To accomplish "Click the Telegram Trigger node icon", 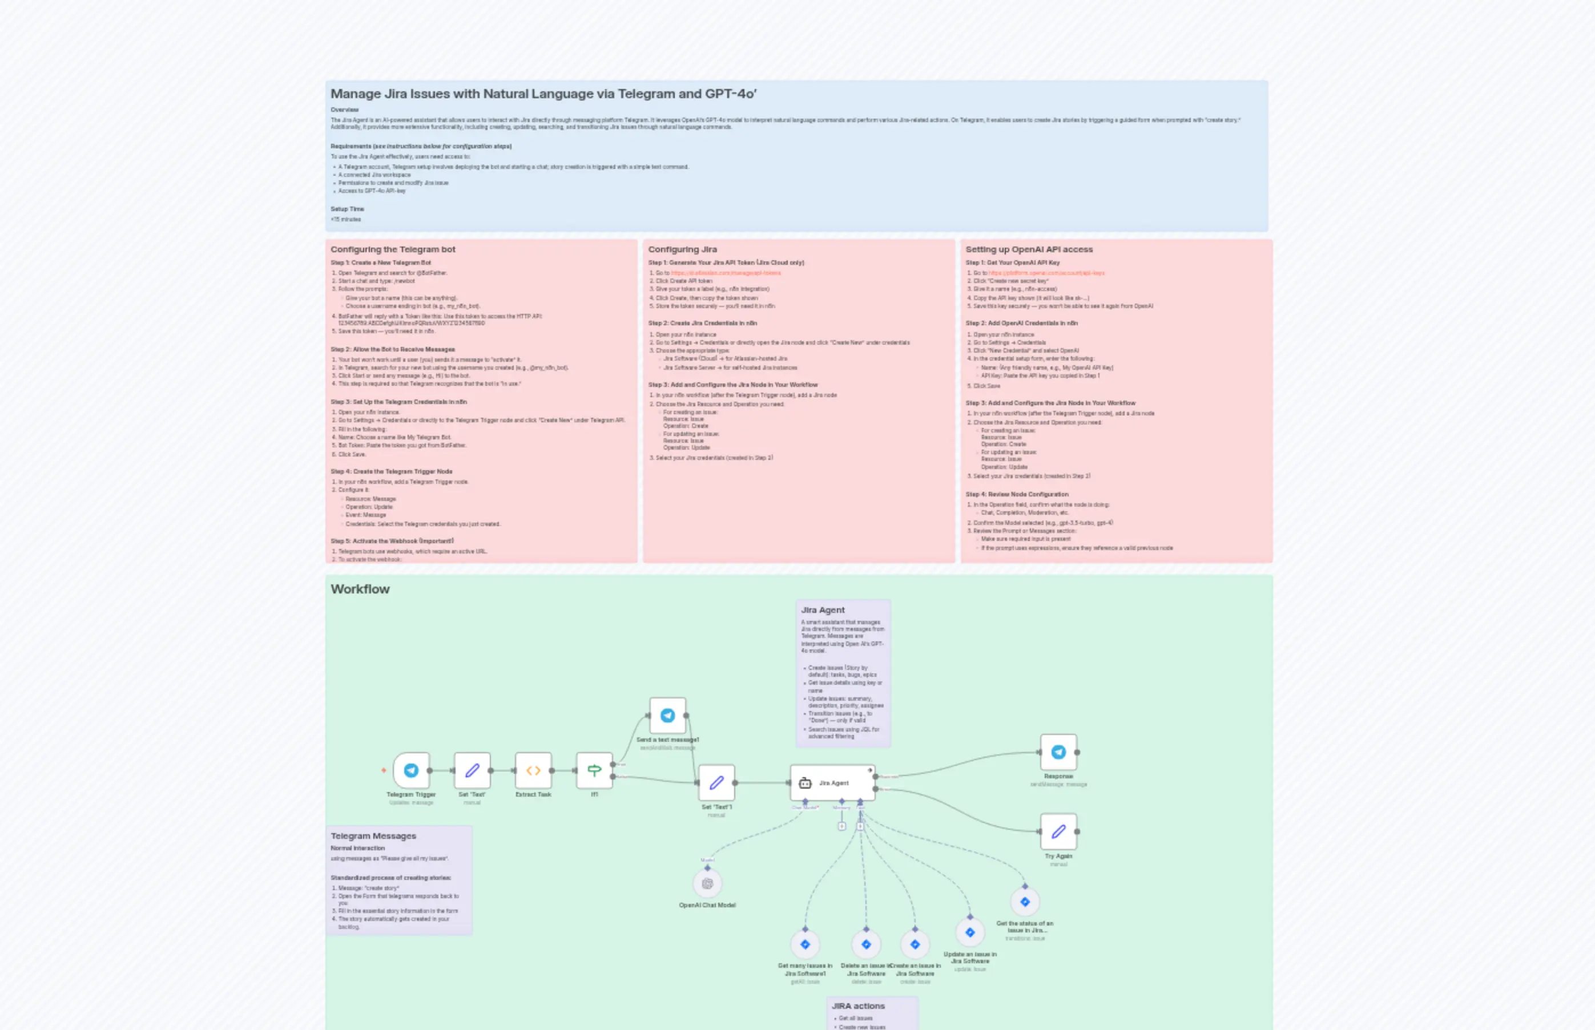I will click(x=411, y=770).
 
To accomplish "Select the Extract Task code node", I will click(x=533, y=770).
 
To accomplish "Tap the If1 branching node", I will click(x=594, y=770).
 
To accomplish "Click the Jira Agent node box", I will click(x=832, y=782).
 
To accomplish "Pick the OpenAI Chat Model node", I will click(x=707, y=883).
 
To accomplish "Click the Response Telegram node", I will click(x=1058, y=753).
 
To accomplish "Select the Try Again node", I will click(x=1058, y=832).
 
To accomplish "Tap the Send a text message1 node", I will click(x=668, y=716).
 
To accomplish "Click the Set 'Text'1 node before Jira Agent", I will click(x=716, y=782).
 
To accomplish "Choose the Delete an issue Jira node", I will click(x=866, y=944).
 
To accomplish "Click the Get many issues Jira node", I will click(x=805, y=944).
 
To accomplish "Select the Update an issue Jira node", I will click(x=970, y=932).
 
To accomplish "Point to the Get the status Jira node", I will click(x=1025, y=902).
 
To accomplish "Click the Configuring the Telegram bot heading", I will click(x=393, y=249).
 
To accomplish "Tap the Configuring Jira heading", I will click(x=682, y=249).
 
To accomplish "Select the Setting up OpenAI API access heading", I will click(x=1029, y=249).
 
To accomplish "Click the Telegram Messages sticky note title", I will click(x=373, y=836).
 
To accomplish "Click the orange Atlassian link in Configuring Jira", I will click(x=726, y=273).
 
